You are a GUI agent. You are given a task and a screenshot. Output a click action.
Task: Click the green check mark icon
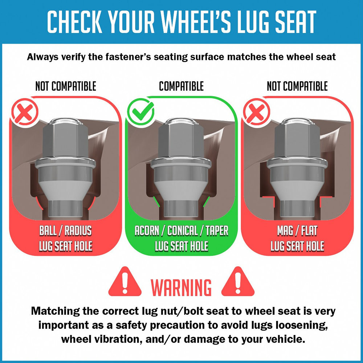pyautogui.click(x=140, y=112)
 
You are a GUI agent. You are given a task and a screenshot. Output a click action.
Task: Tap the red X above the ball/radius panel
pyautogui.click(x=25, y=112)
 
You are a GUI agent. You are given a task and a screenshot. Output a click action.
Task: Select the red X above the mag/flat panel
pyautogui.click(x=257, y=112)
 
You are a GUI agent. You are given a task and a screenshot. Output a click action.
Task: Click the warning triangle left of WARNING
pyautogui.click(x=125, y=282)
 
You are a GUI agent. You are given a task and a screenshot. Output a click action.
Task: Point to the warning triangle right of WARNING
pyautogui.click(x=238, y=282)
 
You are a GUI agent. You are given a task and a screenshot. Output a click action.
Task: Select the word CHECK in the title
pyautogui.click(x=74, y=22)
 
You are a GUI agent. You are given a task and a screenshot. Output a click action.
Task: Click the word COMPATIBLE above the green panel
pyautogui.click(x=181, y=86)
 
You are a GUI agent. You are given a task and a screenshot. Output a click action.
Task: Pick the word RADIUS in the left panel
pyautogui.click(x=78, y=231)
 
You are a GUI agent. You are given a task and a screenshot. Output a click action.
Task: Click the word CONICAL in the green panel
pyautogui.click(x=182, y=231)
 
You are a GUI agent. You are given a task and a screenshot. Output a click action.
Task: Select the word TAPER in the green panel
pyautogui.click(x=217, y=231)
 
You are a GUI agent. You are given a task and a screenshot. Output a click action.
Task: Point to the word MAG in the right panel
pyautogui.click(x=285, y=231)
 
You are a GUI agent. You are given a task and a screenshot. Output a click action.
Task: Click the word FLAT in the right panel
pyautogui.click(x=309, y=231)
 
